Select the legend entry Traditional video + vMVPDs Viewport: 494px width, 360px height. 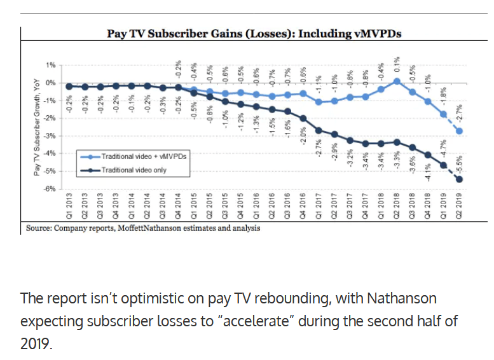tap(131, 155)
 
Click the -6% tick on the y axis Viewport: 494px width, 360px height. tap(50, 190)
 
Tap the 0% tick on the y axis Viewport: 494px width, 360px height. tap(51, 83)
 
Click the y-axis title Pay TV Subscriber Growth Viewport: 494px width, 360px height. tap(37, 127)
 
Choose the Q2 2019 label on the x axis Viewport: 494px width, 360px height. tap(459, 205)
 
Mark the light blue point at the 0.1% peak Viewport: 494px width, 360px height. tap(396, 81)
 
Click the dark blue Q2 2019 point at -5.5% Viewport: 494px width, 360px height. tap(459, 179)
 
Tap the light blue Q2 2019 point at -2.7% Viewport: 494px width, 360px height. tap(459, 131)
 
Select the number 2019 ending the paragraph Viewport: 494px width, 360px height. tap(37, 344)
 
